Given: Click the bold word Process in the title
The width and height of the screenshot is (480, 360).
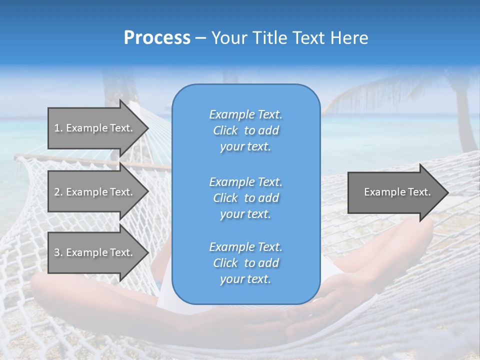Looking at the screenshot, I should tap(156, 38).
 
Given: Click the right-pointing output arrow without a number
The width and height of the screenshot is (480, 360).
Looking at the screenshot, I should tap(395, 192).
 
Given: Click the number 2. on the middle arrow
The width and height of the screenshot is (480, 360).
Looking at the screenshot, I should tap(58, 192).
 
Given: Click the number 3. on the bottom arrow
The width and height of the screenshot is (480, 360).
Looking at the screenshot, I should tap(58, 252).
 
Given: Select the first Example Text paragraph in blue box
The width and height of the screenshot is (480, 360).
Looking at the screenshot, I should tap(245, 130).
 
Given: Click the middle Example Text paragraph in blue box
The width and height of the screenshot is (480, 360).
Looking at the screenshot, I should tap(245, 197).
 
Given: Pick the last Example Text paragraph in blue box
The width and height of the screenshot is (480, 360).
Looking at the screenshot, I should tap(245, 263).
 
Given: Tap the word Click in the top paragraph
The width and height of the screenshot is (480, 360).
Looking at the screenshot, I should tap(225, 130).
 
